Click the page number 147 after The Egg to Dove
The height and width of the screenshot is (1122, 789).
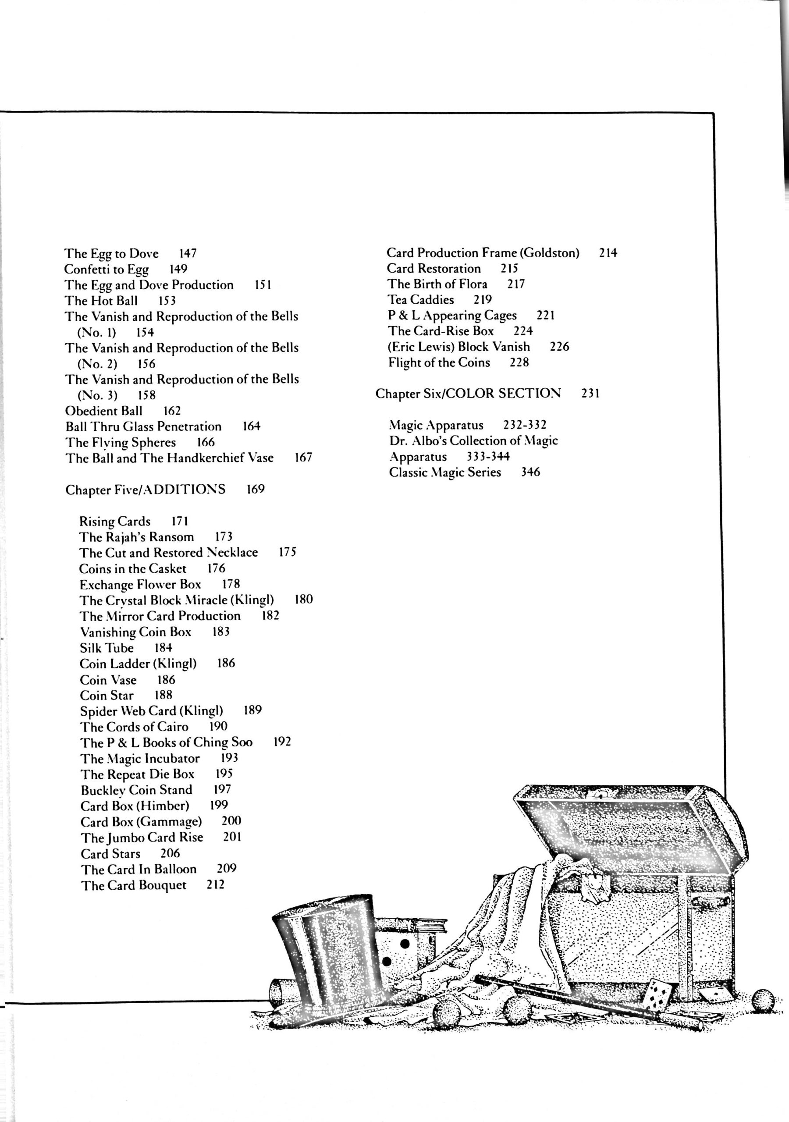point(188,253)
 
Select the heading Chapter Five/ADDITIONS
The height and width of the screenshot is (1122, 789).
point(146,490)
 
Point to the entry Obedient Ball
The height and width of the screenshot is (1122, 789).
point(103,411)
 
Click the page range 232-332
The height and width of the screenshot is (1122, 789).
point(525,425)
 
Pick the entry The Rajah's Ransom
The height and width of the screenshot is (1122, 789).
point(136,537)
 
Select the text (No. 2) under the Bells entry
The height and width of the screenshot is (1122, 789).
point(97,364)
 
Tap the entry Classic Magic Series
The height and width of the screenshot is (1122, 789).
point(445,472)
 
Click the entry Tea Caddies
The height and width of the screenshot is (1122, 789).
point(421,299)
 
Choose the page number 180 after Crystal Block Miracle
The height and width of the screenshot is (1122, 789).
point(304,600)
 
